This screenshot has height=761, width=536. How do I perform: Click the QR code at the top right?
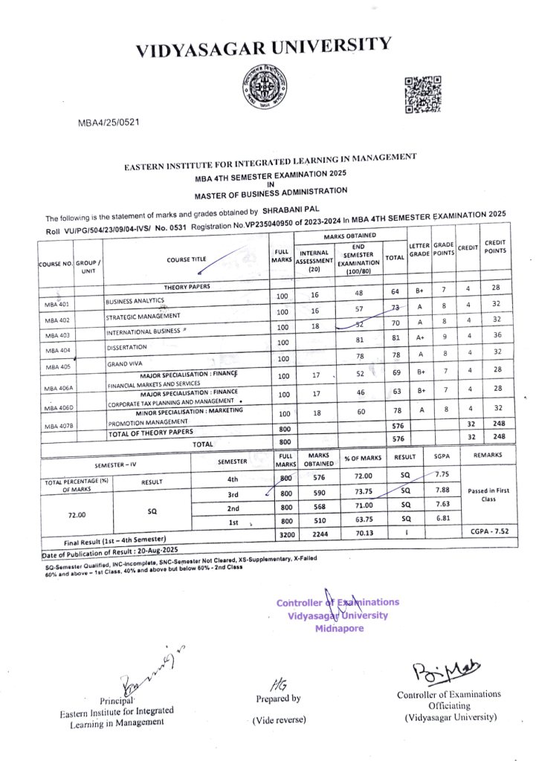pyautogui.click(x=423, y=94)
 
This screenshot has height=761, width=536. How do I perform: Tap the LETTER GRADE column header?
pyautogui.click(x=419, y=250)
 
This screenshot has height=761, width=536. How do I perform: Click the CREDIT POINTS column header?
pyautogui.click(x=494, y=246)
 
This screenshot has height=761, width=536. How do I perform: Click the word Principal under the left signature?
pyautogui.click(x=117, y=700)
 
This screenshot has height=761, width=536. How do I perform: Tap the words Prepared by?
pyautogui.click(x=278, y=699)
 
